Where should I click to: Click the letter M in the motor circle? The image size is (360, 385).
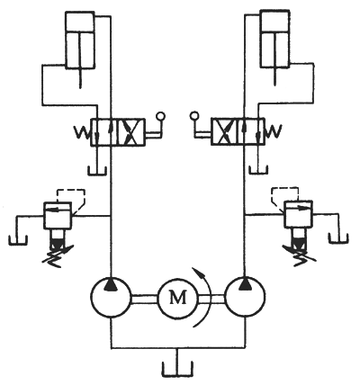[178, 298]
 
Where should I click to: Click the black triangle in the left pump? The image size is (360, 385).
[111, 284]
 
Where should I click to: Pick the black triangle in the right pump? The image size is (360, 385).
[246, 284]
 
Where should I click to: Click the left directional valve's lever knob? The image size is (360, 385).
[160, 116]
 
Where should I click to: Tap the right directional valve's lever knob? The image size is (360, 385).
[194, 115]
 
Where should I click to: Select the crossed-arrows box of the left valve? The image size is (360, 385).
[130, 132]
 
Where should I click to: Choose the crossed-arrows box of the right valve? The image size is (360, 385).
[224, 132]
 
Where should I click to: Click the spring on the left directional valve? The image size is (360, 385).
[83, 132]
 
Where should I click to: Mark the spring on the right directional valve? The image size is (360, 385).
[273, 131]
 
